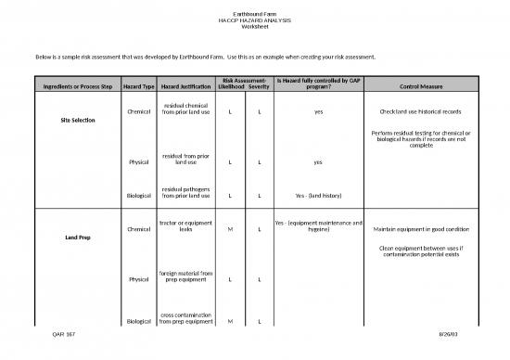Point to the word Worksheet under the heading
point(255,27)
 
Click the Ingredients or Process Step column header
point(72,88)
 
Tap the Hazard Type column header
point(138,88)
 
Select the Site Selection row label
point(73,121)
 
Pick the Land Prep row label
point(73,238)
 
